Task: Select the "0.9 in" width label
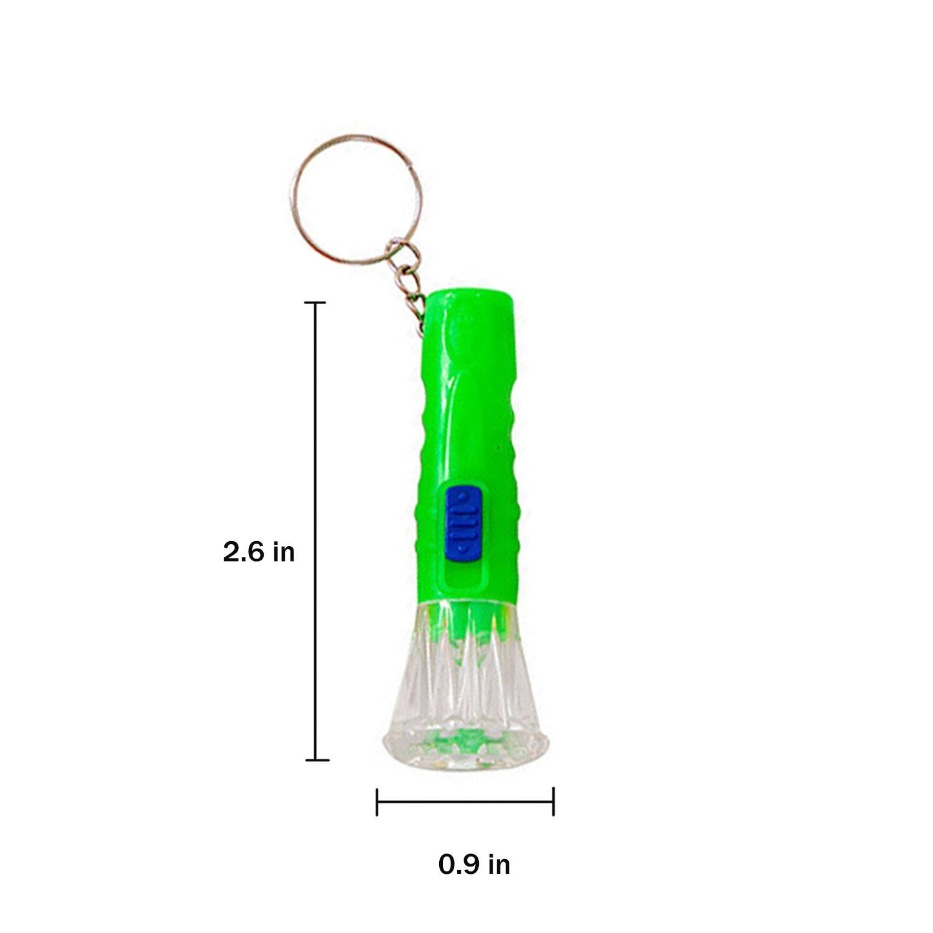474,865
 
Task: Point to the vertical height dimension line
317,529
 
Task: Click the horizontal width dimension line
465,801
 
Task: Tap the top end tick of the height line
317,302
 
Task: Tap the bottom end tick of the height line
317,759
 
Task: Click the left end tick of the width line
377,801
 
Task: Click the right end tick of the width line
554,801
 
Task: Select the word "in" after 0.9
498,865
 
